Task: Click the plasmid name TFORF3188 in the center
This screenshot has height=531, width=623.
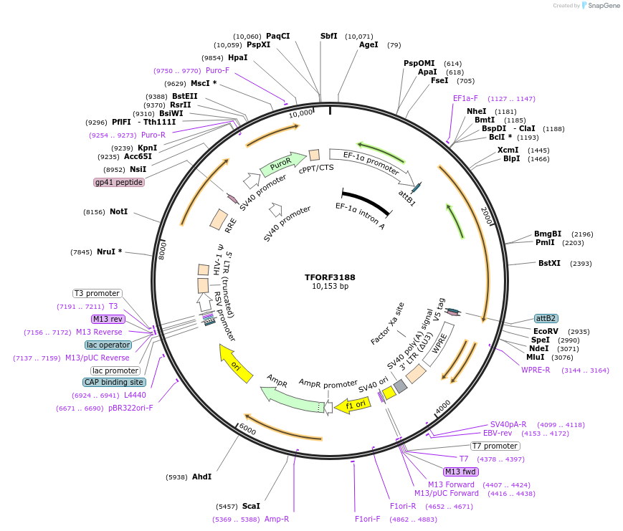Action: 330,277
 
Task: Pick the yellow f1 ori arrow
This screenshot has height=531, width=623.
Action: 352,406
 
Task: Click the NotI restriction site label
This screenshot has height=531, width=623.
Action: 118,212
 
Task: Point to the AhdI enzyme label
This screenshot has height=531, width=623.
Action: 201,477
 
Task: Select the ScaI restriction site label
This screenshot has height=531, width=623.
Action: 251,506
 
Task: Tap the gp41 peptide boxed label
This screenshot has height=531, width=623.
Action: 119,182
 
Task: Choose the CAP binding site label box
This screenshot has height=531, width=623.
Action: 115,383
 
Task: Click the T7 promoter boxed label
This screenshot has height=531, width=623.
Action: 495,446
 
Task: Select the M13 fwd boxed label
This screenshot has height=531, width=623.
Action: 460,472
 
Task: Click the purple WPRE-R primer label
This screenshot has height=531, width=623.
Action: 536,370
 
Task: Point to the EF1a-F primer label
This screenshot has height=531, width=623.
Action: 465,98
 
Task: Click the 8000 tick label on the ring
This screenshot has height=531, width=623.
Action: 163,250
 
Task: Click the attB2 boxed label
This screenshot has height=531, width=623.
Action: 546,318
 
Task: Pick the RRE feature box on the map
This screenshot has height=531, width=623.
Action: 219,219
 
